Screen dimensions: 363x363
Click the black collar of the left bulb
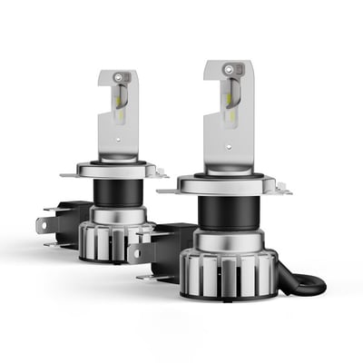115,192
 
